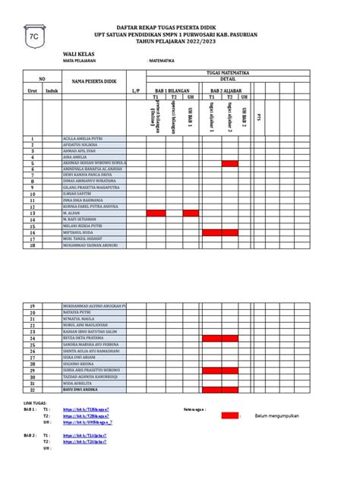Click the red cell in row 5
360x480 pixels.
point(230,163)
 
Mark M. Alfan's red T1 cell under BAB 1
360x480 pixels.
point(155,213)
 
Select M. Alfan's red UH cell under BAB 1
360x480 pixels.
point(191,213)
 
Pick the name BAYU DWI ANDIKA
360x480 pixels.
point(82,390)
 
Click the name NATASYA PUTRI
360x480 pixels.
point(79,311)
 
